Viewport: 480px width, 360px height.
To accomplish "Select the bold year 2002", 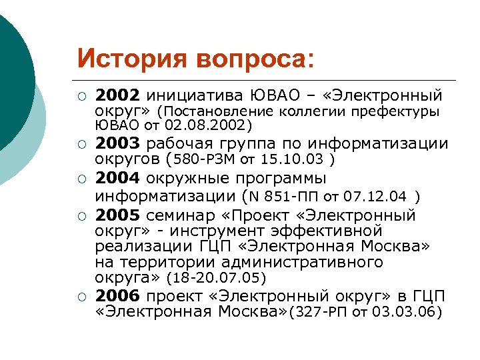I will [x=117, y=94].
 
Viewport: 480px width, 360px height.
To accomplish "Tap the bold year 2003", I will [x=117, y=144].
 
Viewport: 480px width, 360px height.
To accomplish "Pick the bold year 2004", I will [x=117, y=179].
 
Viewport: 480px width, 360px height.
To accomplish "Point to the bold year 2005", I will [x=117, y=215].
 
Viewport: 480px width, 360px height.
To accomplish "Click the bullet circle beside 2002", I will [x=81, y=95].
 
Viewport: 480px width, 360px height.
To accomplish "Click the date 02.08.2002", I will [x=211, y=125].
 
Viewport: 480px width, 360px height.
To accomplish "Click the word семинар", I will [x=179, y=215].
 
